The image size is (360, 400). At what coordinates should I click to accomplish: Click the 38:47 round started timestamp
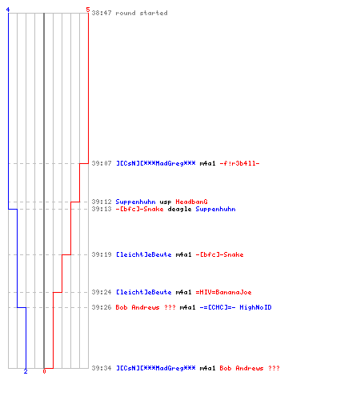[x=102, y=13]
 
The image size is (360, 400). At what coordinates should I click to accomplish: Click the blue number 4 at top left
[x=8, y=10]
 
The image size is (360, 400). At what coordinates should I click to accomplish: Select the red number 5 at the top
[x=88, y=10]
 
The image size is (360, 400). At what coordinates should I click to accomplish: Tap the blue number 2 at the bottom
[x=26, y=371]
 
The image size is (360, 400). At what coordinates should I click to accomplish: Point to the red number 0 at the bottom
[x=44, y=371]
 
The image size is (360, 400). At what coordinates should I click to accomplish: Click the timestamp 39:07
[x=102, y=163]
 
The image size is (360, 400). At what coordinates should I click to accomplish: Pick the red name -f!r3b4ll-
[x=239, y=163]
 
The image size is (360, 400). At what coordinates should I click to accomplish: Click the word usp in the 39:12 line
[x=166, y=202]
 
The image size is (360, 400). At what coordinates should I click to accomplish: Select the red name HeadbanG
[x=191, y=202]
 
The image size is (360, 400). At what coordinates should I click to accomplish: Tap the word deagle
[x=179, y=209]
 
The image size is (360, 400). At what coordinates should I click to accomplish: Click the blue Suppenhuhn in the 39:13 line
[x=215, y=209]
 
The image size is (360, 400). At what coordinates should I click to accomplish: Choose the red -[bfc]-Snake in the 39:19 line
[x=219, y=254]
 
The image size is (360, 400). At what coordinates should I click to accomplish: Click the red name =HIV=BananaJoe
[x=223, y=292]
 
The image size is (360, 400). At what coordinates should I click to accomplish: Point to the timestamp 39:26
[x=102, y=307]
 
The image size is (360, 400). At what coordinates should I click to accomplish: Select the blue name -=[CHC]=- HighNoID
[x=235, y=307]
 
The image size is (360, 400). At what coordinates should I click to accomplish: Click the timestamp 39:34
[x=102, y=368]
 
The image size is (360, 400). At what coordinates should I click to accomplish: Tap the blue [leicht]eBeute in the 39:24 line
[x=143, y=292]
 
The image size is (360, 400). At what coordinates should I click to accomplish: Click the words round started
[x=142, y=13]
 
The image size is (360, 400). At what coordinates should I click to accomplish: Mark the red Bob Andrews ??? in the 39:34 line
[x=250, y=368]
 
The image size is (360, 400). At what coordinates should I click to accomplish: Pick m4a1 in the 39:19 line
[x=183, y=254]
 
